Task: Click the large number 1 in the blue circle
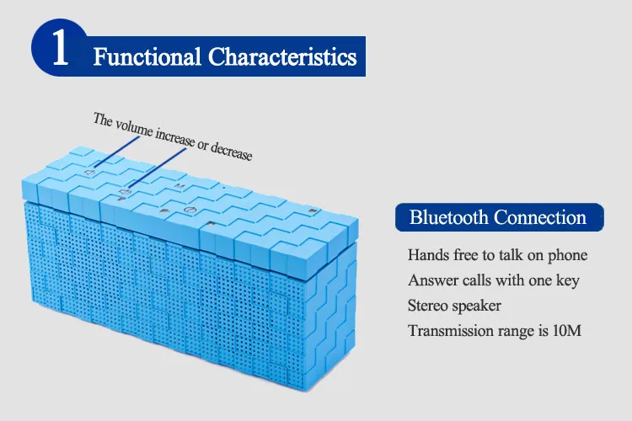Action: (61, 47)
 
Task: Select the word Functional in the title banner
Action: (147, 56)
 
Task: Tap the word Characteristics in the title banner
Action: (282, 56)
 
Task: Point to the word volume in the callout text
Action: (134, 128)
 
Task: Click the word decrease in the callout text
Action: (232, 152)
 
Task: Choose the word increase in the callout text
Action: (175, 137)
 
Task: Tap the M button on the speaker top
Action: (179, 186)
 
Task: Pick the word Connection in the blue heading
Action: (540, 217)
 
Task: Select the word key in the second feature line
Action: (568, 280)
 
